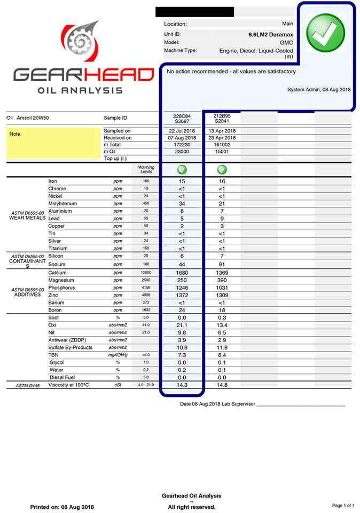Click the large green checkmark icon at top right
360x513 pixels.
[325, 33]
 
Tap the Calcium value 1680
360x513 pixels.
[182, 273]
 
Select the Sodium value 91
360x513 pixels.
[222, 265]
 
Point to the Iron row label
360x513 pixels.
[53, 181]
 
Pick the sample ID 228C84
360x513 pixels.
[182, 115]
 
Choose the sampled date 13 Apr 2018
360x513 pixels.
[222, 131]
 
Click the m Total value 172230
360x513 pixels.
[182, 145]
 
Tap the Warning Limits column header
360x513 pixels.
[146, 169]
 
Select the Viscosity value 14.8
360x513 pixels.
[222, 385]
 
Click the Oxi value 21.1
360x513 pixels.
[182, 325]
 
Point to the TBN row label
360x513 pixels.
[53, 355]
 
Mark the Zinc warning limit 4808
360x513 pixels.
[146, 295]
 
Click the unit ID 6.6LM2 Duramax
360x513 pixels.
[271, 35]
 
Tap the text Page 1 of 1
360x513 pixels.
[343, 506]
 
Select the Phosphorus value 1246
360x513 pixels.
[182, 287]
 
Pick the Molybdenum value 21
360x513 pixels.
[222, 204]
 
